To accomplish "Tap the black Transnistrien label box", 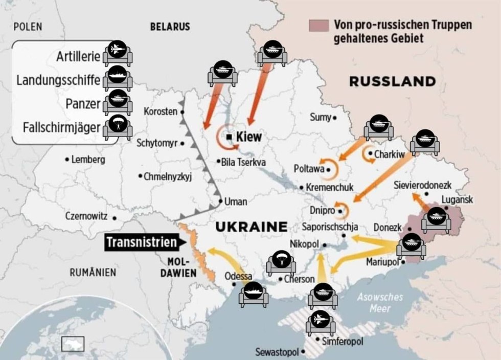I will click(x=141, y=242).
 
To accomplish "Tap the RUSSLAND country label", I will click(x=392, y=81).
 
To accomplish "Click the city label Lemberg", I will click(x=88, y=160).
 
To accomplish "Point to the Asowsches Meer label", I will click(x=380, y=303).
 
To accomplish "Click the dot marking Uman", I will click(x=221, y=201).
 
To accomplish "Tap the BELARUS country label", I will click(x=170, y=27).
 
